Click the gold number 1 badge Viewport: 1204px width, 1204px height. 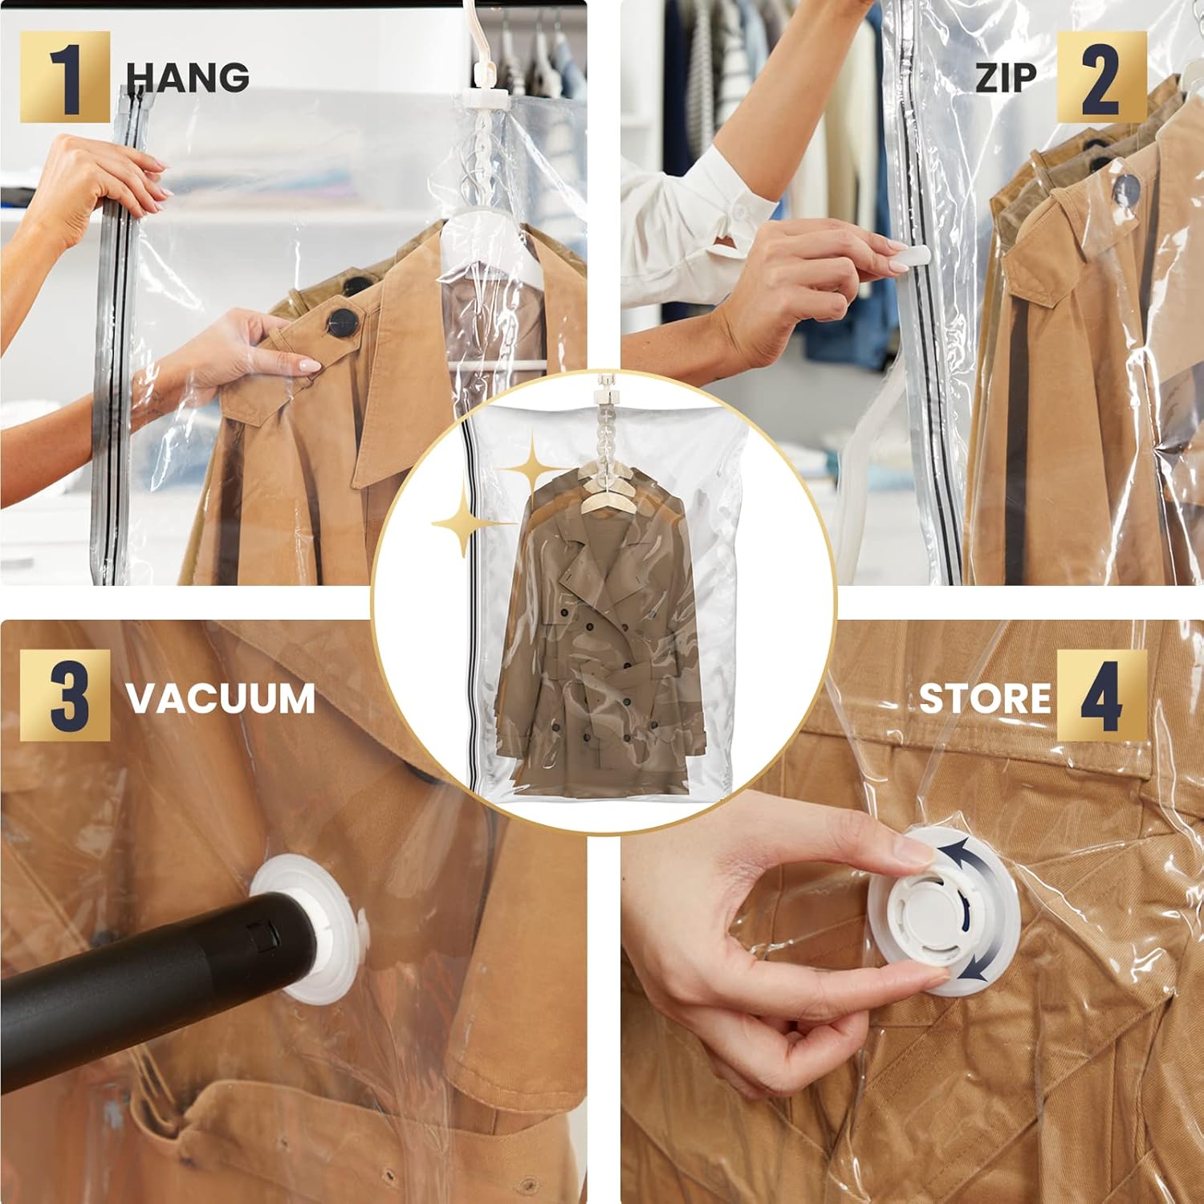pos(64,77)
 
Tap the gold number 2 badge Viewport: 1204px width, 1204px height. pos(1101,77)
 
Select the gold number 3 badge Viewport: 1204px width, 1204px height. pos(64,695)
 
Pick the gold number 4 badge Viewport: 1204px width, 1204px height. pos(1101,695)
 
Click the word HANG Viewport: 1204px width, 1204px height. pos(188,77)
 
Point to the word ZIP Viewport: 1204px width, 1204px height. pos(1006,77)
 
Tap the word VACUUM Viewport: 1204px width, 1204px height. pos(221,698)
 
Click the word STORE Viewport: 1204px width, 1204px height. pos(985,698)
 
